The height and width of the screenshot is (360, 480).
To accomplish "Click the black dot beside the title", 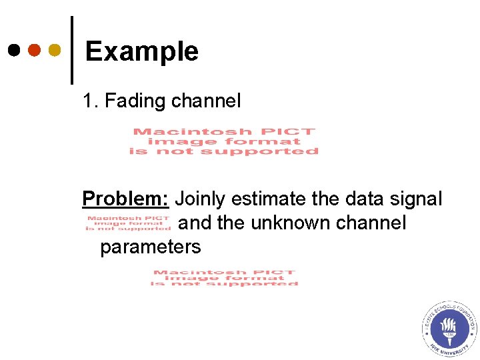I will [x=14, y=50].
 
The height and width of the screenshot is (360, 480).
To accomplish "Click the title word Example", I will [x=142, y=51].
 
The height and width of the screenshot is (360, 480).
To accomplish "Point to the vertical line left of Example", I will [x=71, y=50].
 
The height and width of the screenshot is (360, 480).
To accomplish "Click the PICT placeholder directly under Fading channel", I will [x=224, y=141].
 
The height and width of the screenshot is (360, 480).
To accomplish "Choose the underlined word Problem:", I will [x=125, y=199].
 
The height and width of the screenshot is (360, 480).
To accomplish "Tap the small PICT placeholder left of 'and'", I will [x=128, y=223].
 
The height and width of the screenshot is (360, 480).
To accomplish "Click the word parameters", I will [x=150, y=247].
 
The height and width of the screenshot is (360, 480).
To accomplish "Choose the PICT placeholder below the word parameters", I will [x=225, y=277].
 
